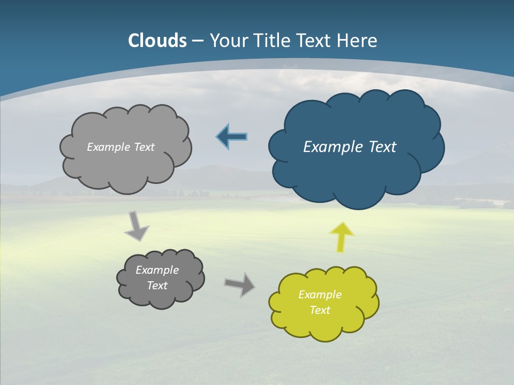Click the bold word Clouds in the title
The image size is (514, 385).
tap(157, 41)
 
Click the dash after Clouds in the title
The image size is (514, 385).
tap(198, 41)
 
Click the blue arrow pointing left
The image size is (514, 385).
tap(232, 137)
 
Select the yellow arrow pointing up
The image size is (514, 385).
tap(342, 237)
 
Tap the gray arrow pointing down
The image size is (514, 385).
tap(137, 227)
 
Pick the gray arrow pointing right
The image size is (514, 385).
tap(239, 284)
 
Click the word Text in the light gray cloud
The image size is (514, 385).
tap(145, 147)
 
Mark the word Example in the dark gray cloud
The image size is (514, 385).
tap(157, 270)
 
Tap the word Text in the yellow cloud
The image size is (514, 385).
tap(320, 310)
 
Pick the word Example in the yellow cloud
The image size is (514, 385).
tap(320, 295)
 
